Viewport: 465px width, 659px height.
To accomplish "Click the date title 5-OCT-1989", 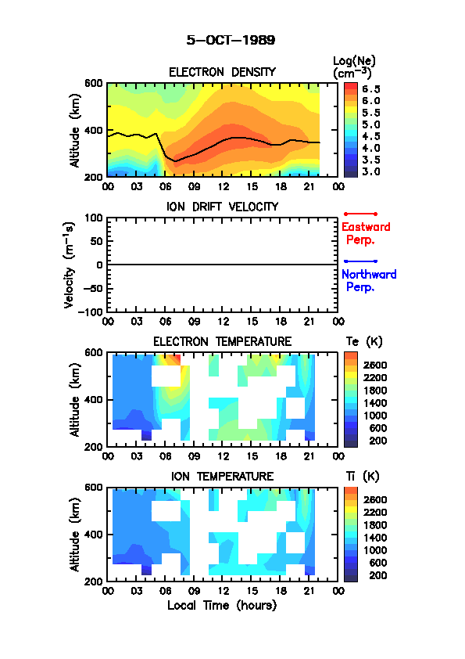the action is (231, 40).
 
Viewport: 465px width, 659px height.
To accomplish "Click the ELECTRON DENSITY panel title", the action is (222, 72).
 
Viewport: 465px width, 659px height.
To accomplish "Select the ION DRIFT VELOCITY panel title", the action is (223, 207).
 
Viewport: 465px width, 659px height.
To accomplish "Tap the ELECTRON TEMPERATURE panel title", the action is (223, 341).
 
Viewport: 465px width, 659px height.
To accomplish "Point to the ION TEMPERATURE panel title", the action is (223, 476).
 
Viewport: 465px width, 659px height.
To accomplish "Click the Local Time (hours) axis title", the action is (222, 606).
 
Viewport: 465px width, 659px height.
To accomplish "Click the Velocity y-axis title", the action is (70, 265).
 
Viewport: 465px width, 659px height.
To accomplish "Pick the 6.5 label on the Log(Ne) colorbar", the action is (371, 89).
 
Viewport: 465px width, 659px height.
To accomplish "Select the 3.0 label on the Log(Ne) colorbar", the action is (371, 171).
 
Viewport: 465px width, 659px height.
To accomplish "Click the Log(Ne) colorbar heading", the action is (354, 67).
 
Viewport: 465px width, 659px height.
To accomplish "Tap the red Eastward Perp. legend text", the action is (366, 233).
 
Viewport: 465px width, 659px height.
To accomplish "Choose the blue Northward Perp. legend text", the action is (369, 280).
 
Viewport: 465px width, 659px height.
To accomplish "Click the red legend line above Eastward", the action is (360, 214).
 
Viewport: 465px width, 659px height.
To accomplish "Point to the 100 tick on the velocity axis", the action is (94, 218).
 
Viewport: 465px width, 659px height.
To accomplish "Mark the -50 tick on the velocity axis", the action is (93, 288).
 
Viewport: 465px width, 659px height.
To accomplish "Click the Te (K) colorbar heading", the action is (364, 342).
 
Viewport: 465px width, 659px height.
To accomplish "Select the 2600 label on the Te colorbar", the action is (375, 365).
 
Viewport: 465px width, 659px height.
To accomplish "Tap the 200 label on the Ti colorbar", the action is (377, 575).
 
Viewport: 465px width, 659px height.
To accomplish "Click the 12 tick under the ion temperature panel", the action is (223, 591).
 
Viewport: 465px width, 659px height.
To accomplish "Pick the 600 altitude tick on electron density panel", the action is (94, 83).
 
